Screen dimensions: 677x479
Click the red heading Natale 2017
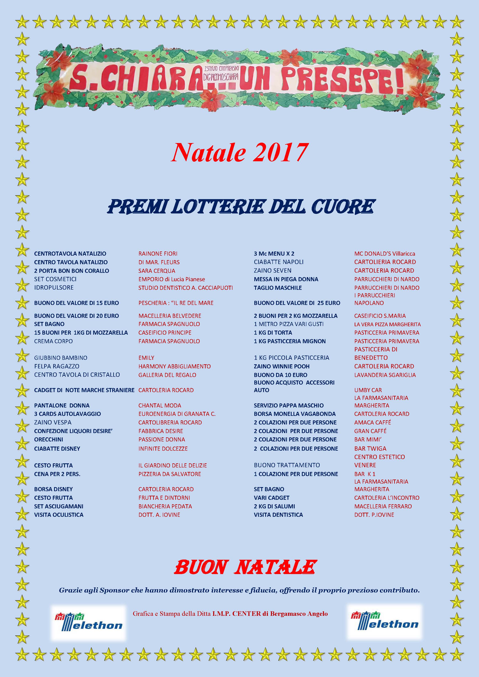tap(240, 153)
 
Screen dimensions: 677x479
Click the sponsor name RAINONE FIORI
tap(158, 254)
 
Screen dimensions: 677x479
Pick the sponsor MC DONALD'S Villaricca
tap(385, 254)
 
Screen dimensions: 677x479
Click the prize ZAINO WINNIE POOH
tap(282, 366)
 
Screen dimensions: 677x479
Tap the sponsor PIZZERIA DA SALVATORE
tap(170, 474)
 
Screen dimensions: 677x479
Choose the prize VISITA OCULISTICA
tap(59, 515)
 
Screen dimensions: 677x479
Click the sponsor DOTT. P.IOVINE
tap(374, 515)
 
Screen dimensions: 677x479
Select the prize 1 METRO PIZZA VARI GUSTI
tap(289, 324)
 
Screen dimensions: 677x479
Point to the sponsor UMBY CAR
tap(368, 390)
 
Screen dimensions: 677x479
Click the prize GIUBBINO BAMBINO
tap(60, 358)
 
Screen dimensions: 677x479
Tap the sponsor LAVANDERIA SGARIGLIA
tap(385, 375)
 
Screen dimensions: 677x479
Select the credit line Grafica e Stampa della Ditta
tap(230, 614)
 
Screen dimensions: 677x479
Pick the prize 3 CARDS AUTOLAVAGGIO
tap(67, 414)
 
